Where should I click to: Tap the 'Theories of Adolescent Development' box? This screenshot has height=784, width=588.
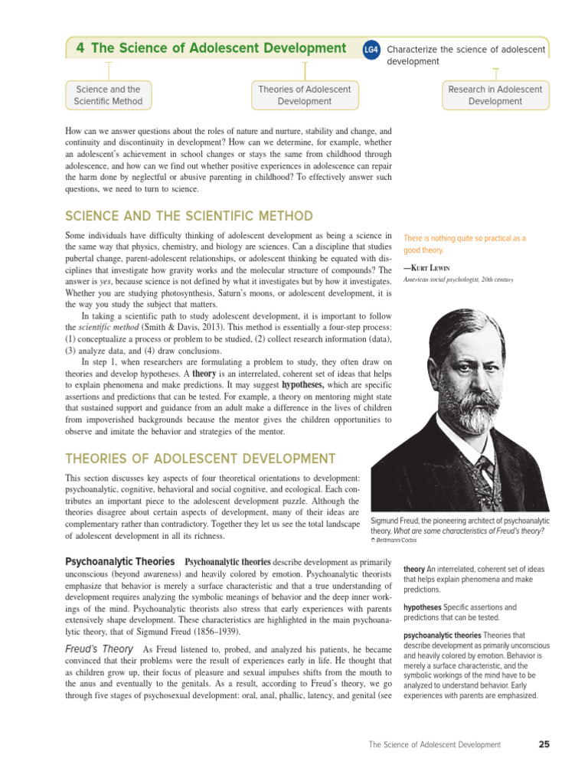tap(305, 95)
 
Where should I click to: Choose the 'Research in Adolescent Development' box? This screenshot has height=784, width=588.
tap(495, 95)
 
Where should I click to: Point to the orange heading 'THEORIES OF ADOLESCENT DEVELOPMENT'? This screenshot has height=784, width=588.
tap(200, 459)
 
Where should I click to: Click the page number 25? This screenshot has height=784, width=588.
tap(544, 743)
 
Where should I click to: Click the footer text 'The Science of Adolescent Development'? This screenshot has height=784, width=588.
tap(434, 744)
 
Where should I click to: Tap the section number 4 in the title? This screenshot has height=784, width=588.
tap(80, 49)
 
